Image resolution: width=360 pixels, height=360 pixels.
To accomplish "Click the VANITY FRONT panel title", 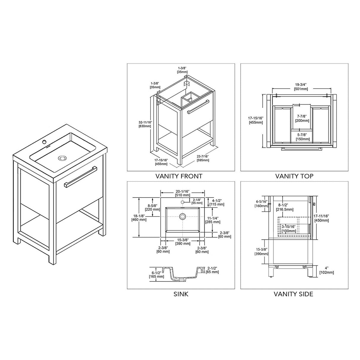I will coord(179,176).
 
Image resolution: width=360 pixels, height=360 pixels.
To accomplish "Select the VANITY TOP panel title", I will coord(294,176).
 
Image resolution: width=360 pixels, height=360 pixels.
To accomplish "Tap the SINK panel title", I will coord(181,294).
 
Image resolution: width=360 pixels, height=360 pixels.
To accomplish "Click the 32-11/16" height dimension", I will coord(145,124).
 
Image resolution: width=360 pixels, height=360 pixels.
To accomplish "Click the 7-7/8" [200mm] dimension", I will coord(302,118).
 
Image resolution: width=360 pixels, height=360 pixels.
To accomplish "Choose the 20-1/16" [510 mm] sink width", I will coord(182,193).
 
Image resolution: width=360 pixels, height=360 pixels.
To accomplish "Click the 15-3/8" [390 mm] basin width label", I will coord(182,241).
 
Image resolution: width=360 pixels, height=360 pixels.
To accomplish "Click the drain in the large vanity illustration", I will coord(62,158).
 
